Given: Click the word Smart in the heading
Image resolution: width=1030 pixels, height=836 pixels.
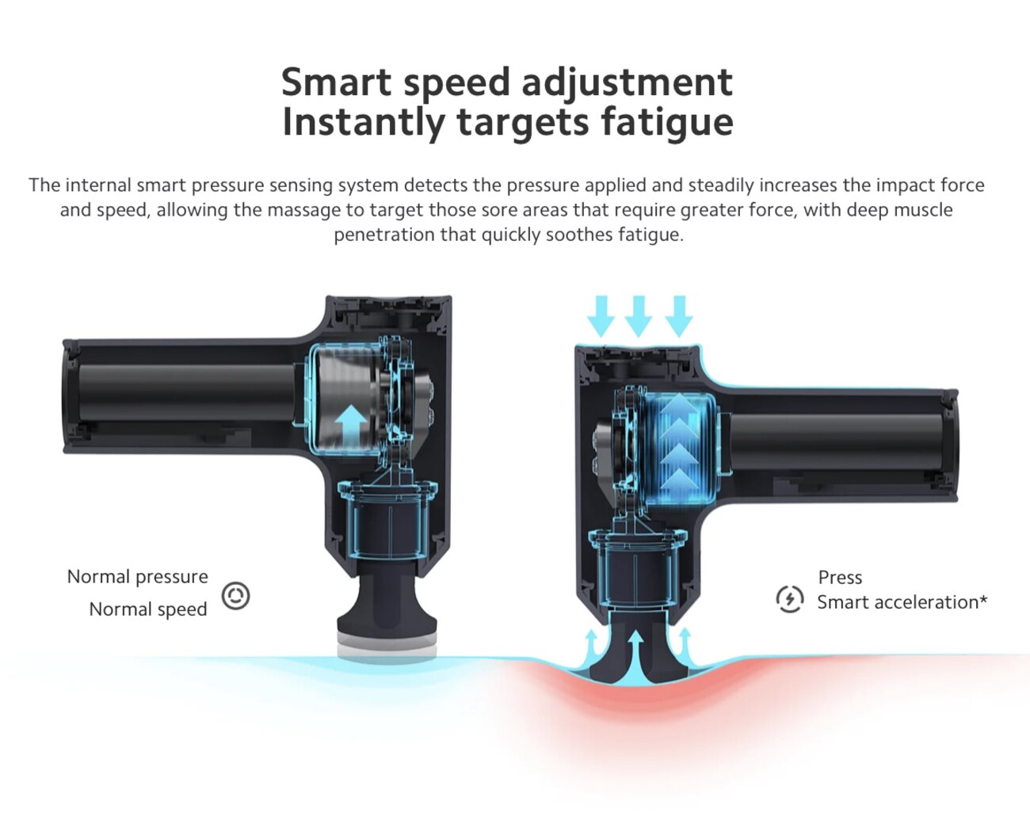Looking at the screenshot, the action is (x=336, y=82).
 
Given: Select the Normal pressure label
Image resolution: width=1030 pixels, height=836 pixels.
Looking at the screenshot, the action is (x=137, y=577).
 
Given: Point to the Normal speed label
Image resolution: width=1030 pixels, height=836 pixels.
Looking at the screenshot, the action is (x=148, y=609).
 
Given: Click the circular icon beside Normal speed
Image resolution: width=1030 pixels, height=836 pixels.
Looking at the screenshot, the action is (x=235, y=596).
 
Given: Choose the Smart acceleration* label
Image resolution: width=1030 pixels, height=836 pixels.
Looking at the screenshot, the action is (x=902, y=602).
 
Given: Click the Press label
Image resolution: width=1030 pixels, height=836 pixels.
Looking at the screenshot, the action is (x=840, y=578).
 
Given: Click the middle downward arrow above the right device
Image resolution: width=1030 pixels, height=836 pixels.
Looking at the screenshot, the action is (x=639, y=316).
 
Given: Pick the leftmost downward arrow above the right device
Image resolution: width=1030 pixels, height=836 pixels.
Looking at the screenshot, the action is (x=601, y=316).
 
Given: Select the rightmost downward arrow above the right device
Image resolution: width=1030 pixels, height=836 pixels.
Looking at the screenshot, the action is (x=679, y=316).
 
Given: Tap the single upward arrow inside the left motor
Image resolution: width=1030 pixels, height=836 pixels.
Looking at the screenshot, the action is (x=350, y=422).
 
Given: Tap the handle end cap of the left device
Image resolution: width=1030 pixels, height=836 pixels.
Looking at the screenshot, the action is (x=71, y=396).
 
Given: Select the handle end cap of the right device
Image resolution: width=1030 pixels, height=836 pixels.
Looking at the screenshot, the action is (x=951, y=445).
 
